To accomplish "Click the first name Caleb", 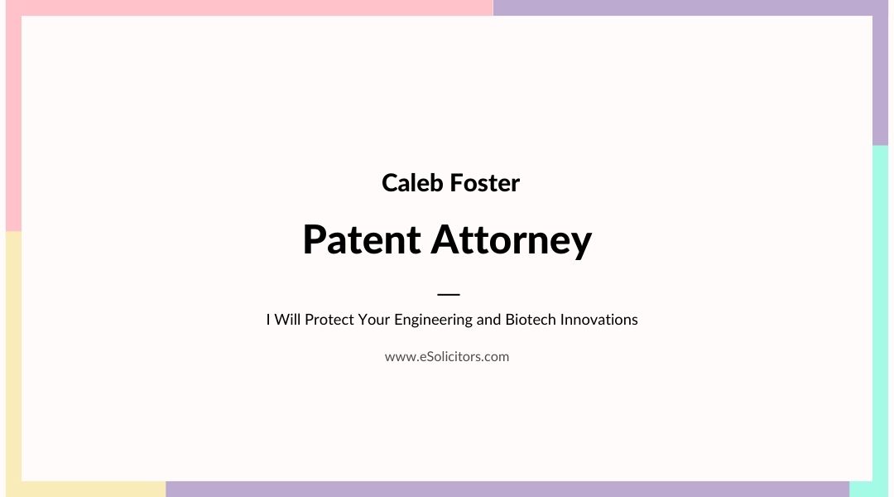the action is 412,182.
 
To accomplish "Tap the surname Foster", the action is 484,182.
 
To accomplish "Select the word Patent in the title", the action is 362,239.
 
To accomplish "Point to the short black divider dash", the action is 448,294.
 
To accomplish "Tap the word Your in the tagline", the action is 374,320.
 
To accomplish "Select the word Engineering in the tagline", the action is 433,320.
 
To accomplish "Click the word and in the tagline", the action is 488,320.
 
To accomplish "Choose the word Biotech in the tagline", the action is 531,320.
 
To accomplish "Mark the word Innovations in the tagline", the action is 598,320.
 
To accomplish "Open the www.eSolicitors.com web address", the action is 447,357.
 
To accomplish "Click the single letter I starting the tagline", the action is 268,320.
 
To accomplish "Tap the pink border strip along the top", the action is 249,8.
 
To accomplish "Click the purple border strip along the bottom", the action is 507,489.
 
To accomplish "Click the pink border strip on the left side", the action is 14,123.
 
